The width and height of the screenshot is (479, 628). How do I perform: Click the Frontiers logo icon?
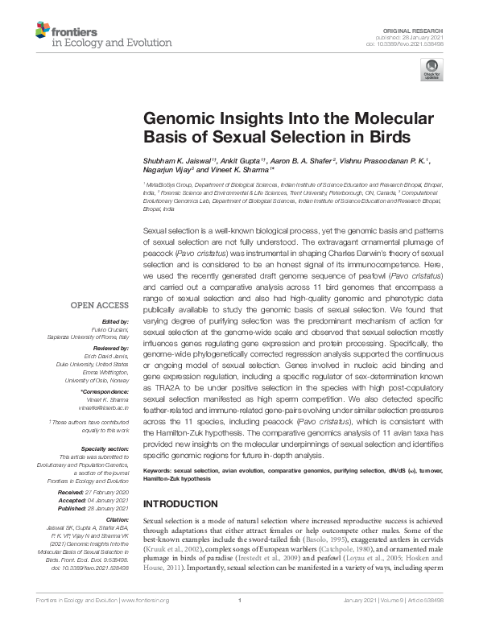[41, 31]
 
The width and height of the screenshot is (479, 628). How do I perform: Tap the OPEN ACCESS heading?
[99, 306]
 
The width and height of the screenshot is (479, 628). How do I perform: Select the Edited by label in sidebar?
[115, 321]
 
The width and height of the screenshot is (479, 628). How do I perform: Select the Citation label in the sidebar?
[116, 519]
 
